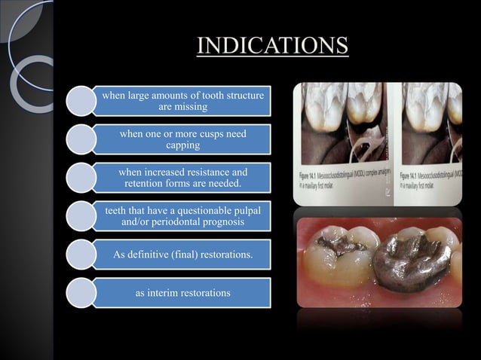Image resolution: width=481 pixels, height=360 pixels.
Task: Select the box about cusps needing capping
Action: coord(182,139)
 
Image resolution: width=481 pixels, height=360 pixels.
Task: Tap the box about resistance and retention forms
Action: coord(182,178)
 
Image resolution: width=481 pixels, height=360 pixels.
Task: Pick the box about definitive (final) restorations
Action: coord(182,256)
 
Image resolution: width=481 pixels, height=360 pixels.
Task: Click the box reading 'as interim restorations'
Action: coord(182,293)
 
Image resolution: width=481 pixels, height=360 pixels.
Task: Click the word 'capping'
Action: coord(183,145)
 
